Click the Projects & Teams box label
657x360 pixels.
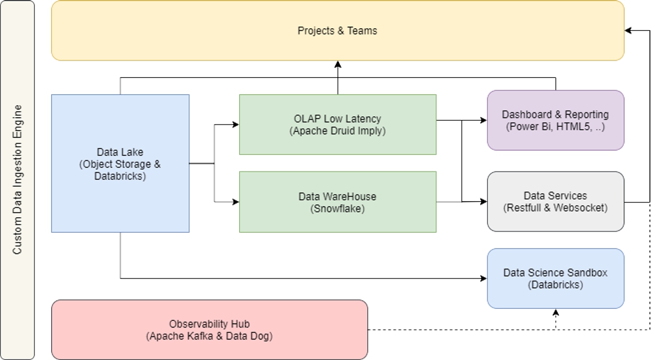tap(337, 31)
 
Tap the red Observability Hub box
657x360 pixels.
tap(209, 330)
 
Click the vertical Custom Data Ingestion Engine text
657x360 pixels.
tap(18, 180)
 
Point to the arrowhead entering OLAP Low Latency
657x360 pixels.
tap(236, 125)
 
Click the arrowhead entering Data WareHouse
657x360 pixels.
tap(236, 202)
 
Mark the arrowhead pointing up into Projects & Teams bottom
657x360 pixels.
tap(338, 65)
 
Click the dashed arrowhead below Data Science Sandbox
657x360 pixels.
tap(556, 312)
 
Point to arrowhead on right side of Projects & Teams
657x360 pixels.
tap(628, 31)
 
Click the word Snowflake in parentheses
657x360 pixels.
tap(337, 208)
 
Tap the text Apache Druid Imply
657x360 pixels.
tap(337, 131)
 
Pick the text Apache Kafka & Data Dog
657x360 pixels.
tap(209, 336)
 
